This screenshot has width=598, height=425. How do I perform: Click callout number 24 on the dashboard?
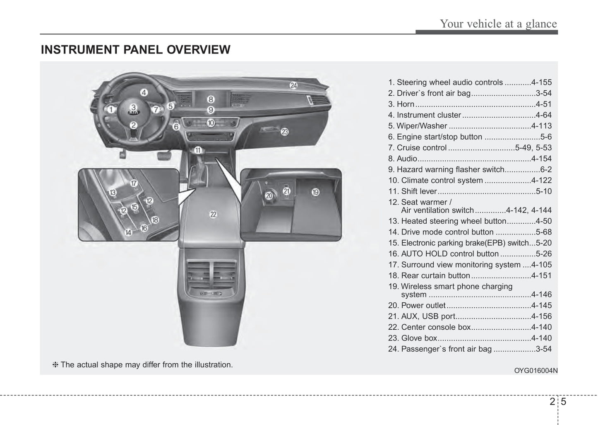pos(293,86)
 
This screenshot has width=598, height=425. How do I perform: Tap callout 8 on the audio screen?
pos(211,99)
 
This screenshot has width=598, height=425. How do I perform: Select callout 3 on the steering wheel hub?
pos(134,108)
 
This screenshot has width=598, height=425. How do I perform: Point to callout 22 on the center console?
pos(213,215)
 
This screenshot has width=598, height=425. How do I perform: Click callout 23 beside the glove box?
pos(285,132)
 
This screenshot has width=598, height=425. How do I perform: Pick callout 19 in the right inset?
pos(315,192)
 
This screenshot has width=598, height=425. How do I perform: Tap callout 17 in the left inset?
pos(134,184)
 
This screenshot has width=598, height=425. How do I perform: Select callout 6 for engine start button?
pos(176,126)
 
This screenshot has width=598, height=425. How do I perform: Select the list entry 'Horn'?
pos(405,104)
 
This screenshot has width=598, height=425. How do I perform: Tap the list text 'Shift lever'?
pos(419,191)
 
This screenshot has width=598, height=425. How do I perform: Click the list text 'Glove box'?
pos(419,338)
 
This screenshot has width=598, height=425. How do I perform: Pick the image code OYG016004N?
pos(536,371)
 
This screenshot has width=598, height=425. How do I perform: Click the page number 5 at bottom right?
pos(564,401)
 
